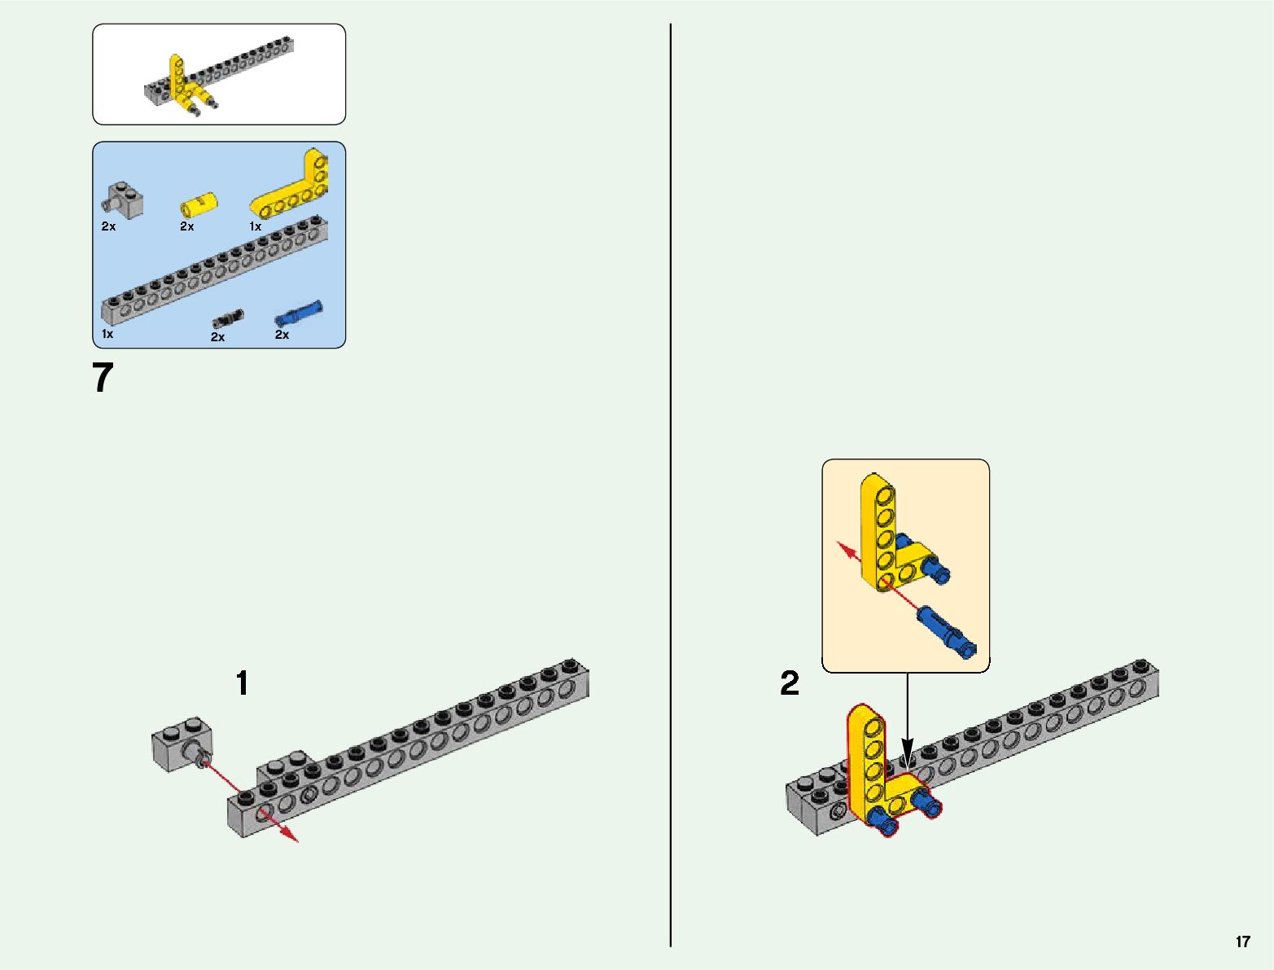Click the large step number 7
pyautogui.click(x=103, y=378)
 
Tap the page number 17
pyautogui.click(x=1242, y=942)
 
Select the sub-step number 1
pyautogui.click(x=242, y=683)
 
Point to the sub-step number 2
pyautogui.click(x=790, y=683)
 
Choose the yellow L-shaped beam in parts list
pyautogui.click(x=294, y=187)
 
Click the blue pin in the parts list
pyautogui.click(x=299, y=314)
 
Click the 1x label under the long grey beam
pyautogui.click(x=107, y=334)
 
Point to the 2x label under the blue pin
pyautogui.click(x=282, y=335)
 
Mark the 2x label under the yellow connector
pyautogui.click(x=187, y=226)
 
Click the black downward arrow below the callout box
pyautogui.click(x=907, y=746)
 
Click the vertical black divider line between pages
pyautogui.click(x=671, y=489)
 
